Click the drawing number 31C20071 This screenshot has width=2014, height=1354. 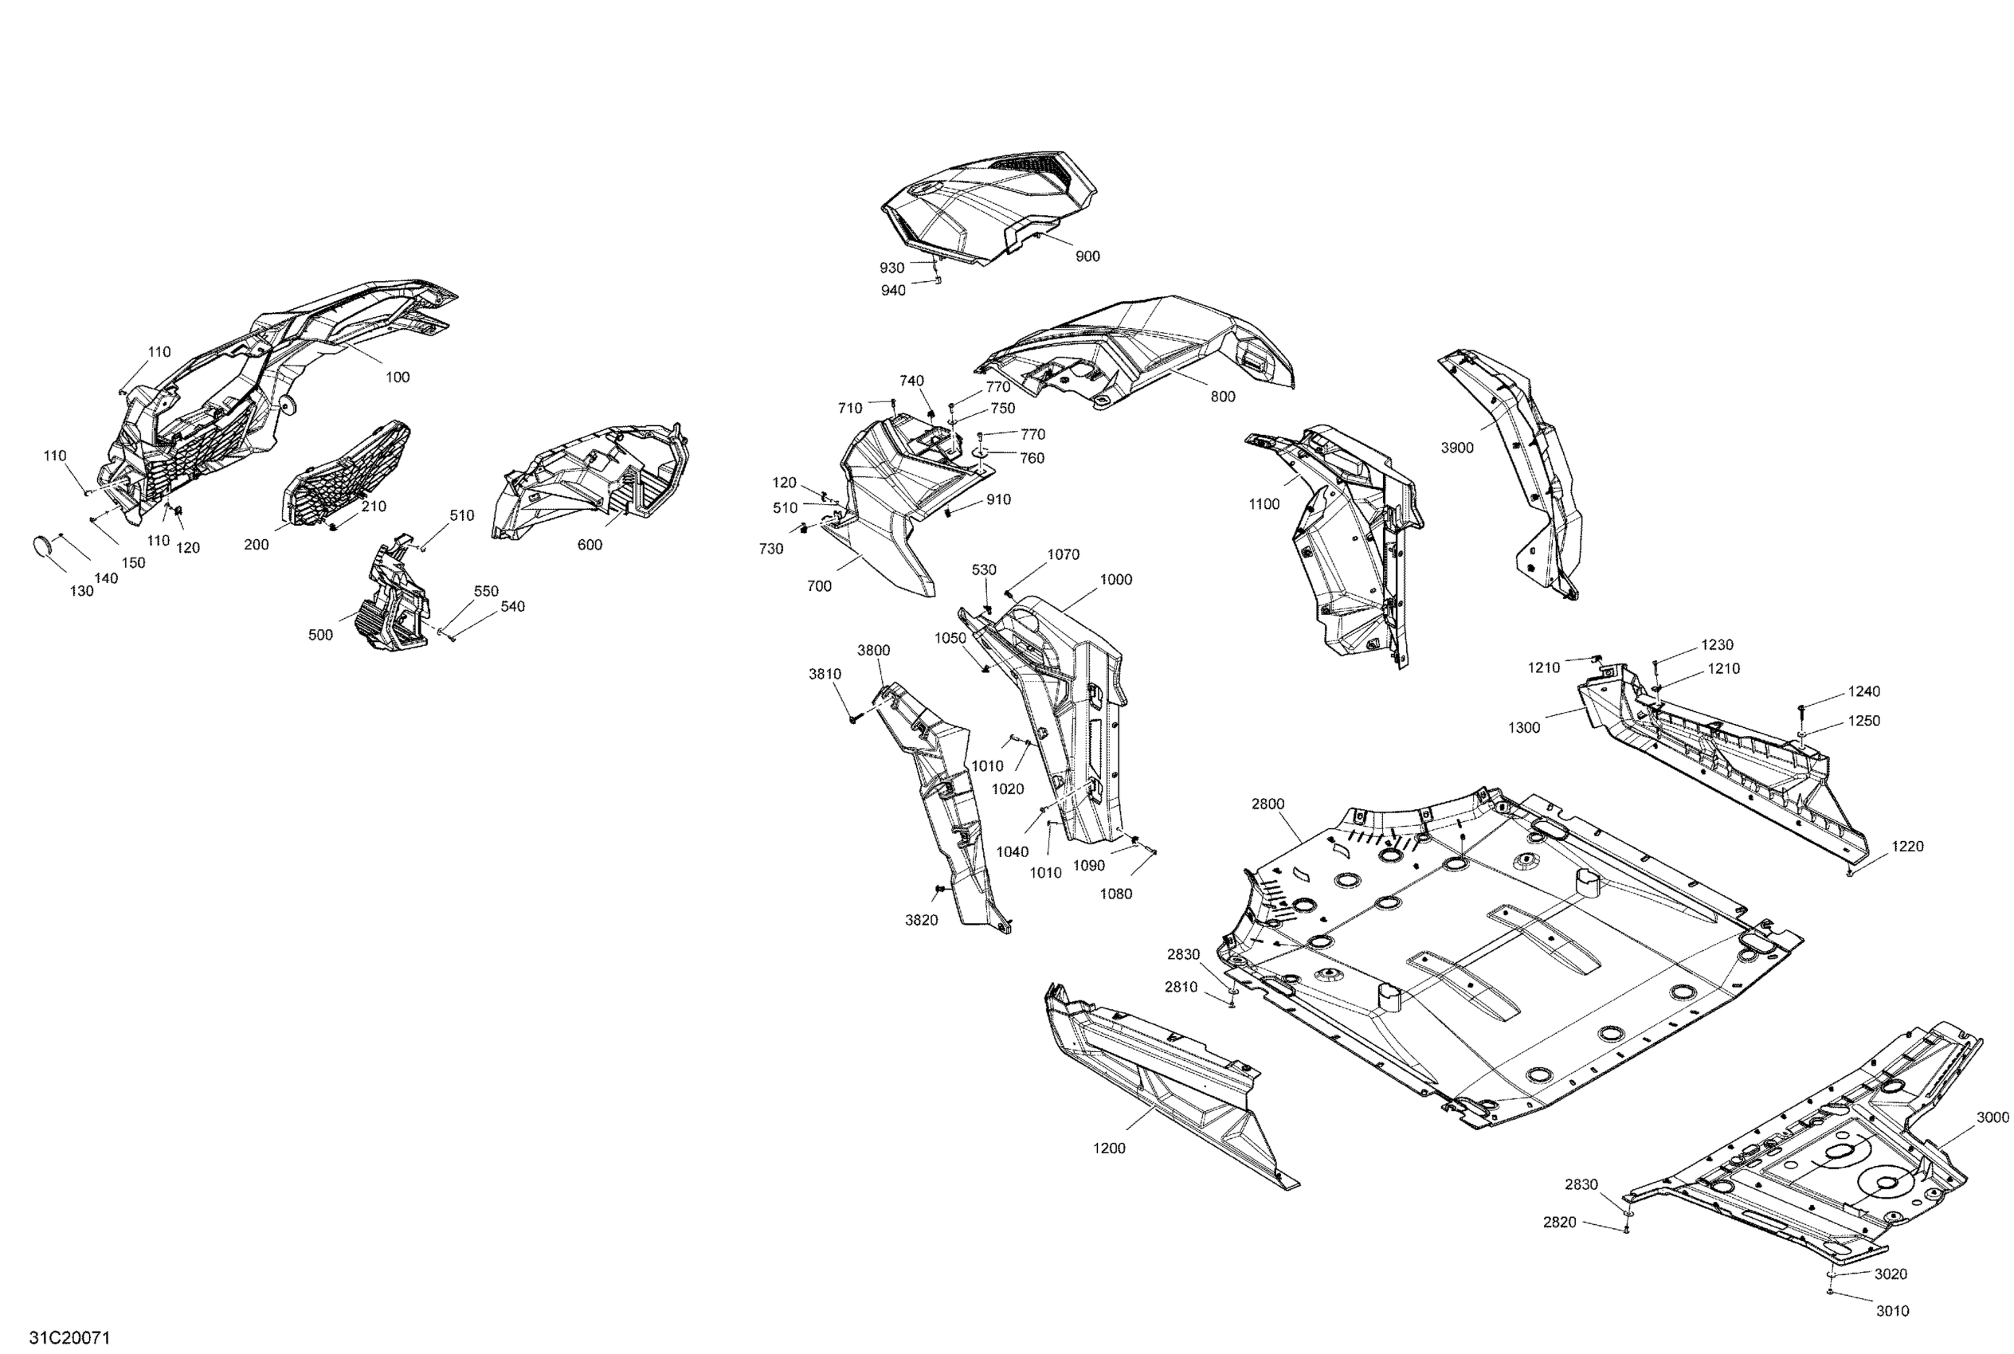coord(69,1337)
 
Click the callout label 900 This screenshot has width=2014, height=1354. coord(1087,256)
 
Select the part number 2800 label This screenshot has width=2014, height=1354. coord(1268,804)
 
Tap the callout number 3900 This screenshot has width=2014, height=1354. coord(1457,448)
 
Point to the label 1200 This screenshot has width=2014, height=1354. coord(1109,1149)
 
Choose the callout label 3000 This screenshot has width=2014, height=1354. coord(1992,1117)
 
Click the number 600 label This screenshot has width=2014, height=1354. coord(590,545)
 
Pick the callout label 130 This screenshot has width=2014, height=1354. coord(81,592)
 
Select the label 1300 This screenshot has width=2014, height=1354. coord(1523,728)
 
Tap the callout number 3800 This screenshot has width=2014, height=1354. coord(873,650)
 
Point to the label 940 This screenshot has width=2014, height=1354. coord(893,291)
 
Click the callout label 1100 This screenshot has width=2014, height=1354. coord(1264,504)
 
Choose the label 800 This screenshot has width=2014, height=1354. coord(1223,397)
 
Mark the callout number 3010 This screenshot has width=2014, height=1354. coord(1892,1311)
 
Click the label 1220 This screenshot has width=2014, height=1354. coord(1907,846)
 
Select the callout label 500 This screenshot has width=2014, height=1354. coord(320,635)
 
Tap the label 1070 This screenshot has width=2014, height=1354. coord(1063,554)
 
